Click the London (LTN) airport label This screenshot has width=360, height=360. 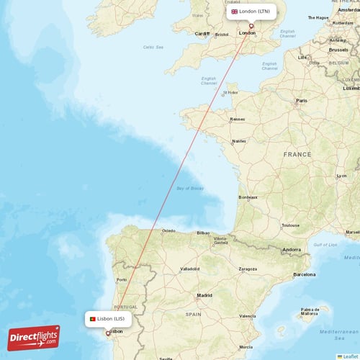point(251,12)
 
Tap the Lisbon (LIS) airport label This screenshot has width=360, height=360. point(108,318)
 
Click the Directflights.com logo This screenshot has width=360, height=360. point(34,337)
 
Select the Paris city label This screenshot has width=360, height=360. point(302,101)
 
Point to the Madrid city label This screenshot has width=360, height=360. point(204,295)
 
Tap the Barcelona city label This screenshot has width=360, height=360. point(304,274)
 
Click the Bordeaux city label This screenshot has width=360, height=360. point(248,197)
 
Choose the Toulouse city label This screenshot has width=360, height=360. point(290,225)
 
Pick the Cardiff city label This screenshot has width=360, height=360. point(202,34)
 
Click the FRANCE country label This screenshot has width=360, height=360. point(297,155)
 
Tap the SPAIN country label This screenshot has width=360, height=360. point(193,315)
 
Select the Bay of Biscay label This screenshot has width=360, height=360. point(189,188)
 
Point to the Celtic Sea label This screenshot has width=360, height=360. point(153,48)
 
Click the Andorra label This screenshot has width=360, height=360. point(292,250)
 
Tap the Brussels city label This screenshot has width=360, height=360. point(338,50)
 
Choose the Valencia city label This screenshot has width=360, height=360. point(248,315)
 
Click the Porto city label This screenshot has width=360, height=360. point(122,280)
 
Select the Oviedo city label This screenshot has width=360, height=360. point(168,231)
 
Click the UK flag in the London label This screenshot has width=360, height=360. point(234,12)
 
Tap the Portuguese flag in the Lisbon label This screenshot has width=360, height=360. point(93,318)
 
